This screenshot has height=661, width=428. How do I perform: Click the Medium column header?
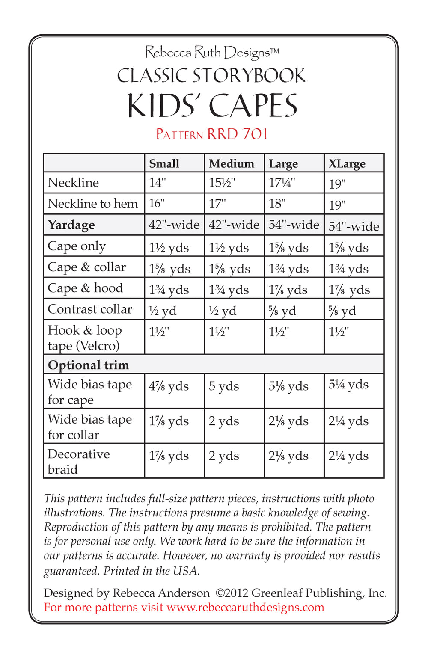(231, 163)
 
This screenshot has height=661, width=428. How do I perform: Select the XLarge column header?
(347, 163)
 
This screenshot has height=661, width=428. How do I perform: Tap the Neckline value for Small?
(157, 183)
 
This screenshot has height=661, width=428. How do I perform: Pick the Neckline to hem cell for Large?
(277, 204)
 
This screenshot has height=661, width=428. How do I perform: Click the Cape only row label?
(76, 246)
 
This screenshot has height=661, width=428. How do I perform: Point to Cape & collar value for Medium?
(229, 269)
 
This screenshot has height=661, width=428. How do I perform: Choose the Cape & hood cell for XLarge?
(349, 290)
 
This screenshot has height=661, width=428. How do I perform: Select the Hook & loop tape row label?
(84, 338)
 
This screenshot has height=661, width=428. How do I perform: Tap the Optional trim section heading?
(88, 365)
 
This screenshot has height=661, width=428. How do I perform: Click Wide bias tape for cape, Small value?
(169, 386)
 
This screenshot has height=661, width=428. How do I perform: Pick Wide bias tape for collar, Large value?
(288, 421)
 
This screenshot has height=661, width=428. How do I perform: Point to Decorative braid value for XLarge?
(348, 456)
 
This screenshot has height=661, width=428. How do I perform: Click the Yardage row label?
(71, 225)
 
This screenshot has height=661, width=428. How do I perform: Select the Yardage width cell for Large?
(294, 225)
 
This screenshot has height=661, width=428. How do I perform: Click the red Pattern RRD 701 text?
(211, 134)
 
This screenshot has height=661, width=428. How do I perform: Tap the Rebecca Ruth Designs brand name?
(212, 53)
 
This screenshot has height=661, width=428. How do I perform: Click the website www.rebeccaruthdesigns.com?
(245, 607)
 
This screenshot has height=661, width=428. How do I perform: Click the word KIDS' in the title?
(164, 106)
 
